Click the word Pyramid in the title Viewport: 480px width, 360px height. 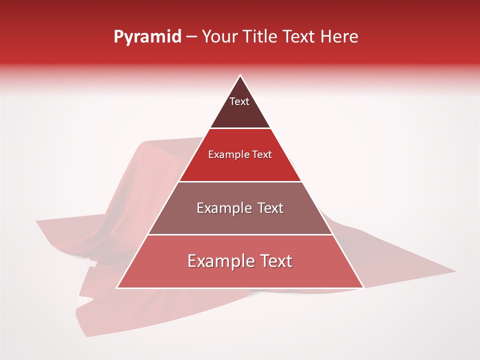147,37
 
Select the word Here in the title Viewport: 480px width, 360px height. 339,36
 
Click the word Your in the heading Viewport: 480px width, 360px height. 219,36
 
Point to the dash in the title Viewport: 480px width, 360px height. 191,37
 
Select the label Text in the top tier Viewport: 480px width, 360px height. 239,101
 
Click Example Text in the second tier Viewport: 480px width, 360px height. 240,154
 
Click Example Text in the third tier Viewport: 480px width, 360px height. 240,208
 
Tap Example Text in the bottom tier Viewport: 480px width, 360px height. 240,261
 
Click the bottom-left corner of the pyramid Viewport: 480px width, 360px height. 117,288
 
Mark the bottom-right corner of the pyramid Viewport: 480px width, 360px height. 363,288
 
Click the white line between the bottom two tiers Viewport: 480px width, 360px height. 240,235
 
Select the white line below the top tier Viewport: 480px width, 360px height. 240,128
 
